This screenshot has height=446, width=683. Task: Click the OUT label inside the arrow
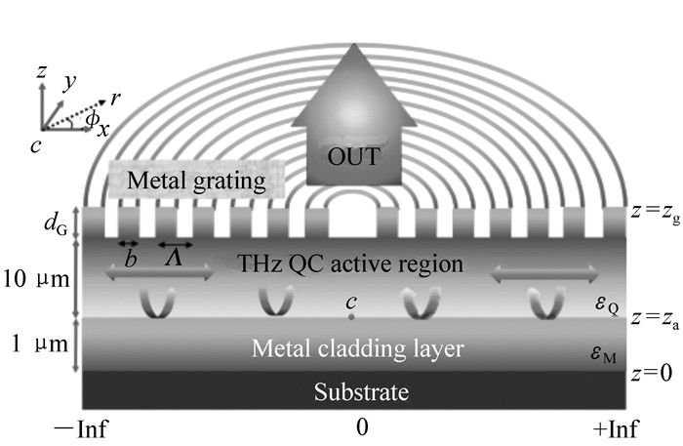(354, 156)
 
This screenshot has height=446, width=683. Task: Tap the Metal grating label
(195, 181)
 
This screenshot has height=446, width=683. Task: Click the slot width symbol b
(130, 258)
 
